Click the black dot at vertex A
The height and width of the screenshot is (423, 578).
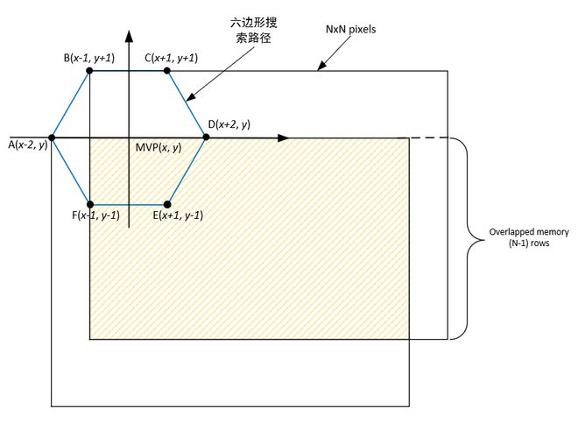click(53, 137)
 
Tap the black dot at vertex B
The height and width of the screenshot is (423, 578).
click(90, 71)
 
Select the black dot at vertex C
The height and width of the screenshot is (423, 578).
click(166, 71)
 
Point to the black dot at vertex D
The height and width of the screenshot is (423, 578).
click(207, 137)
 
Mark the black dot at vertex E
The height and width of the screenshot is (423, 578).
click(166, 204)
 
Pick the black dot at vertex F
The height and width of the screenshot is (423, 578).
click(90, 204)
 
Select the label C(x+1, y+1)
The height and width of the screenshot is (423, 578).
click(172, 58)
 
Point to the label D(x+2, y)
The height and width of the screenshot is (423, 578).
click(230, 125)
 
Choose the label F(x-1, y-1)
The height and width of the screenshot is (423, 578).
click(97, 215)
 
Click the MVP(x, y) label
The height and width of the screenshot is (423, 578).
click(158, 147)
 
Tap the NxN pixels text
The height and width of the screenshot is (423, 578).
click(350, 29)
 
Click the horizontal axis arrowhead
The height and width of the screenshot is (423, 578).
click(283, 137)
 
